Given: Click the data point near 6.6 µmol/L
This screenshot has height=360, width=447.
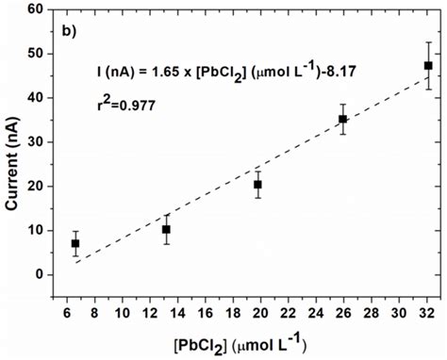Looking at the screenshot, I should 75,243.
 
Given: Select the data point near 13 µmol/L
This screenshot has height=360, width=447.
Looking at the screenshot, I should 166,229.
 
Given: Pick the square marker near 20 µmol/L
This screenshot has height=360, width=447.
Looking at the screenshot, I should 257,185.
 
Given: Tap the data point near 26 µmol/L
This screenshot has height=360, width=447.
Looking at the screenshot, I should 343,119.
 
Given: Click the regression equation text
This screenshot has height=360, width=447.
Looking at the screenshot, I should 223,70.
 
